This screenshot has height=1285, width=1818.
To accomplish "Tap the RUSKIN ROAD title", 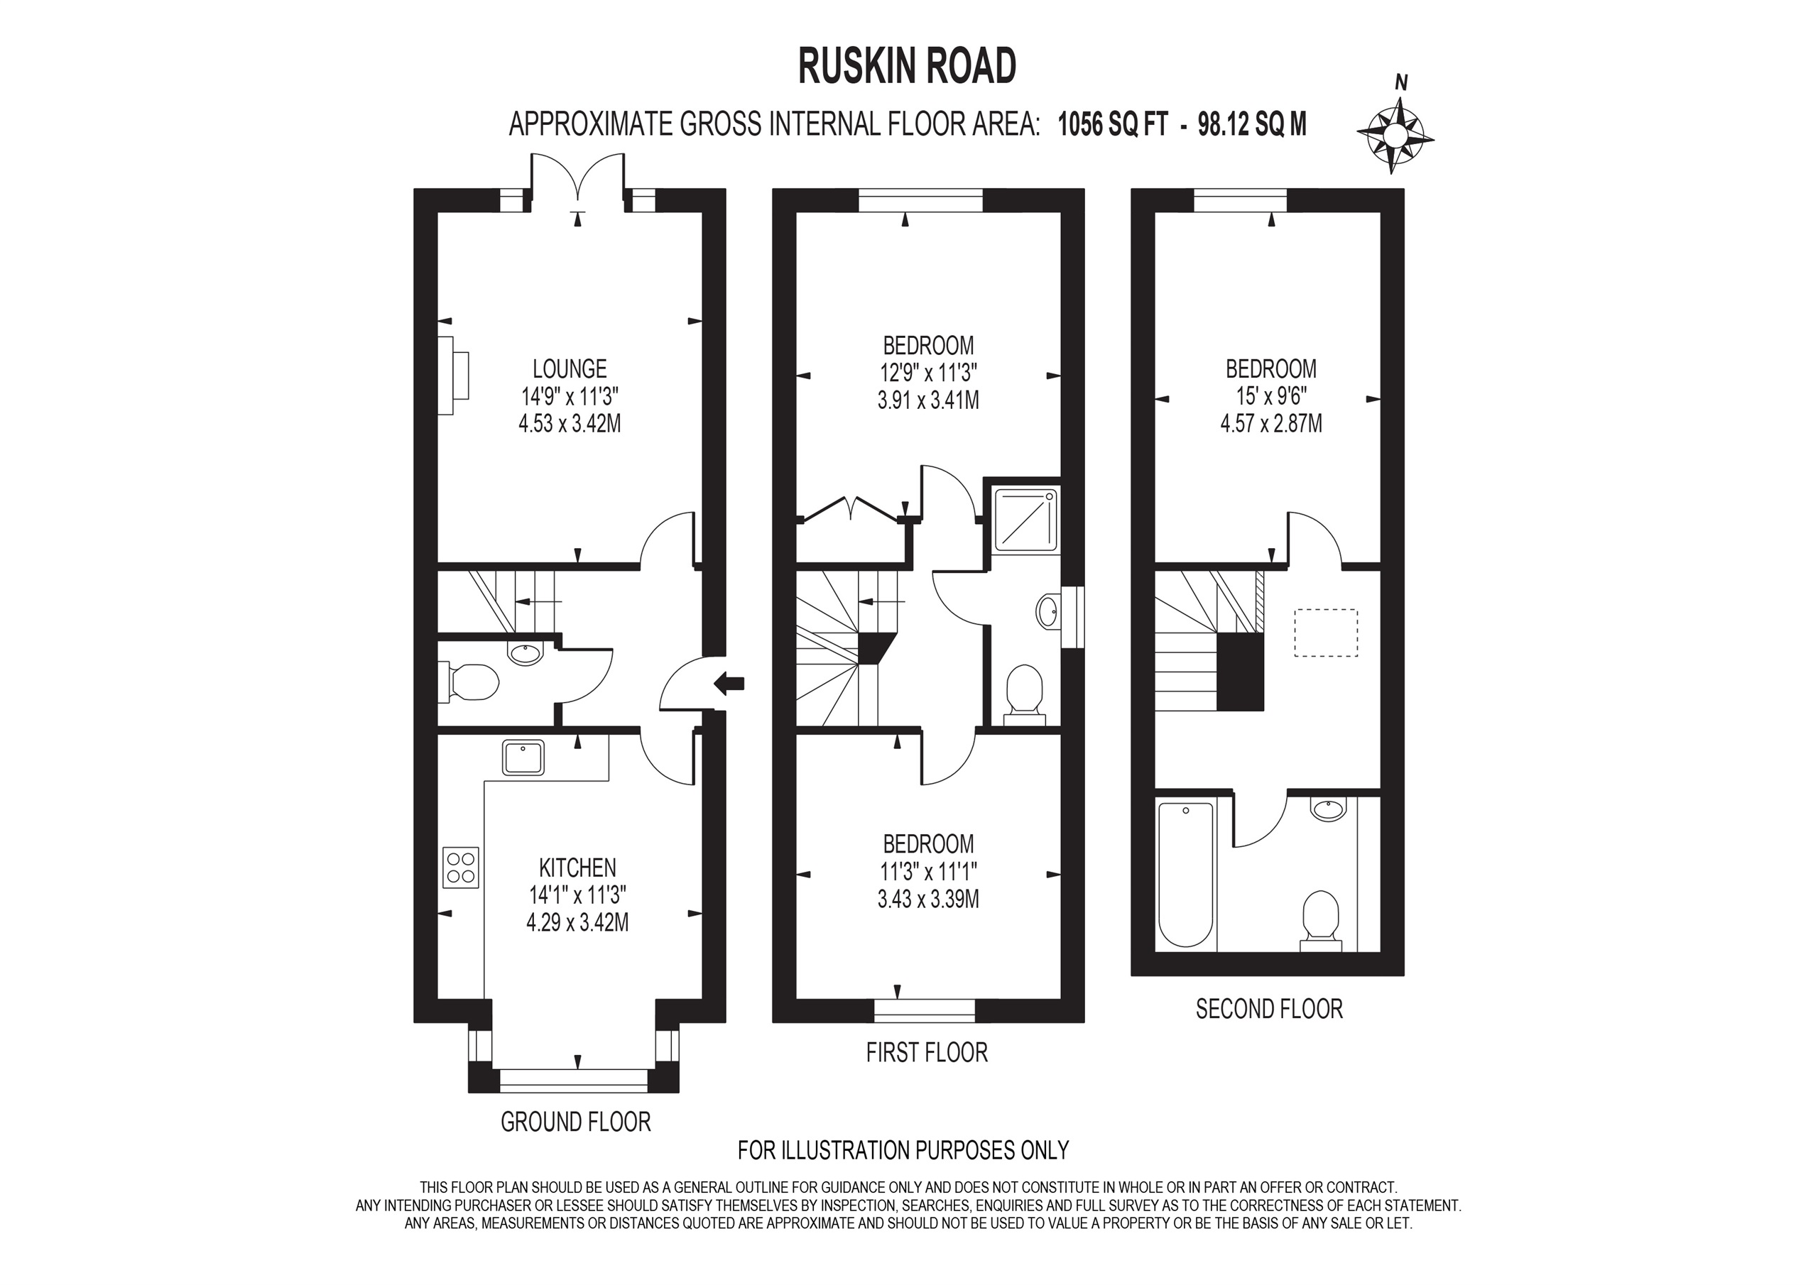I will pyautogui.click(x=907, y=67).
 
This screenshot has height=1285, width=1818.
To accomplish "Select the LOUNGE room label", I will pyautogui.click(x=570, y=369).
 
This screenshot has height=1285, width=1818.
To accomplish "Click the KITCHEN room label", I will pyautogui.click(x=577, y=868).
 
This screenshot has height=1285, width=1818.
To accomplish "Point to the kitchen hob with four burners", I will pyautogui.click(x=461, y=867).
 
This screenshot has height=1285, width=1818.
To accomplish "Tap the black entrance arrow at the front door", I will pyautogui.click(x=729, y=682).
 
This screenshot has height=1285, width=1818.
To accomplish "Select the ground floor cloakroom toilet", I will pyautogui.click(x=473, y=682).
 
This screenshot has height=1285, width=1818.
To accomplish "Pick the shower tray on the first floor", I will pyautogui.click(x=1026, y=520).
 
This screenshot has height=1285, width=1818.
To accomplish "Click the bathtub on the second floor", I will pyautogui.click(x=1185, y=875).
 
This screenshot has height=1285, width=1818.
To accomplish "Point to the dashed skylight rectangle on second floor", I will pyautogui.click(x=1325, y=633).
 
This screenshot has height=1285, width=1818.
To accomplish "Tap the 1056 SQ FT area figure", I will pyautogui.click(x=1113, y=124).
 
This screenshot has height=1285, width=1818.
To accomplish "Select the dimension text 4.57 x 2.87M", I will pyautogui.click(x=1271, y=425).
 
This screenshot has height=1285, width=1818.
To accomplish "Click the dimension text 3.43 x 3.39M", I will pyautogui.click(x=928, y=899).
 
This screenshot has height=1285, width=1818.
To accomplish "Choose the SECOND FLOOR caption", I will pyautogui.click(x=1268, y=1010).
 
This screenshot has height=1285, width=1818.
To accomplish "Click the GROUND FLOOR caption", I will pyautogui.click(x=576, y=1122).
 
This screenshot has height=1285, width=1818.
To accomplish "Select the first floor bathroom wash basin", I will pyautogui.click(x=1047, y=611).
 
